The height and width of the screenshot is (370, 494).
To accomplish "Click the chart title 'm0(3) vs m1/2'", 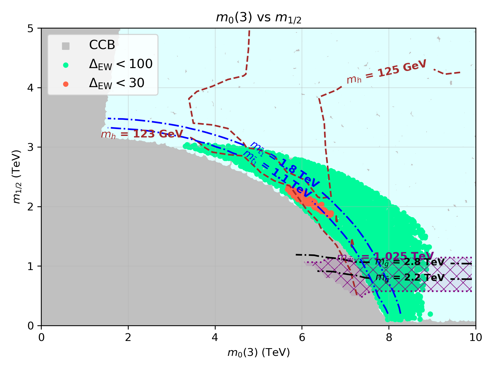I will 258,18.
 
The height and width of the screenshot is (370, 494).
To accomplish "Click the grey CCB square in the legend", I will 66,46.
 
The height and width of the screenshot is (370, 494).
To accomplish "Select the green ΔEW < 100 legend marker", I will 66,65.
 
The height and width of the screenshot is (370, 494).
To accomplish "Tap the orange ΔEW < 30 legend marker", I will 66,84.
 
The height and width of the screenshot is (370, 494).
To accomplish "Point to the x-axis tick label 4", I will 215,337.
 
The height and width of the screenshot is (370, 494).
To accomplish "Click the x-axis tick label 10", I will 475,337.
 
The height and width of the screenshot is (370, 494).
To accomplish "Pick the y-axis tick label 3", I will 31,147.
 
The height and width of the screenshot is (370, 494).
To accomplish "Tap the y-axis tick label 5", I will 31,28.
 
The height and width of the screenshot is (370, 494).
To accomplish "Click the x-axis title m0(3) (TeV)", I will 258,353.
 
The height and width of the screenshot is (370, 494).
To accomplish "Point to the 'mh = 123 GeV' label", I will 142,134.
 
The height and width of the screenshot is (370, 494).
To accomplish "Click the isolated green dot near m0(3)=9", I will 430,314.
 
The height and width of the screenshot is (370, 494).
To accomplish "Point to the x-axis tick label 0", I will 41,337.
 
